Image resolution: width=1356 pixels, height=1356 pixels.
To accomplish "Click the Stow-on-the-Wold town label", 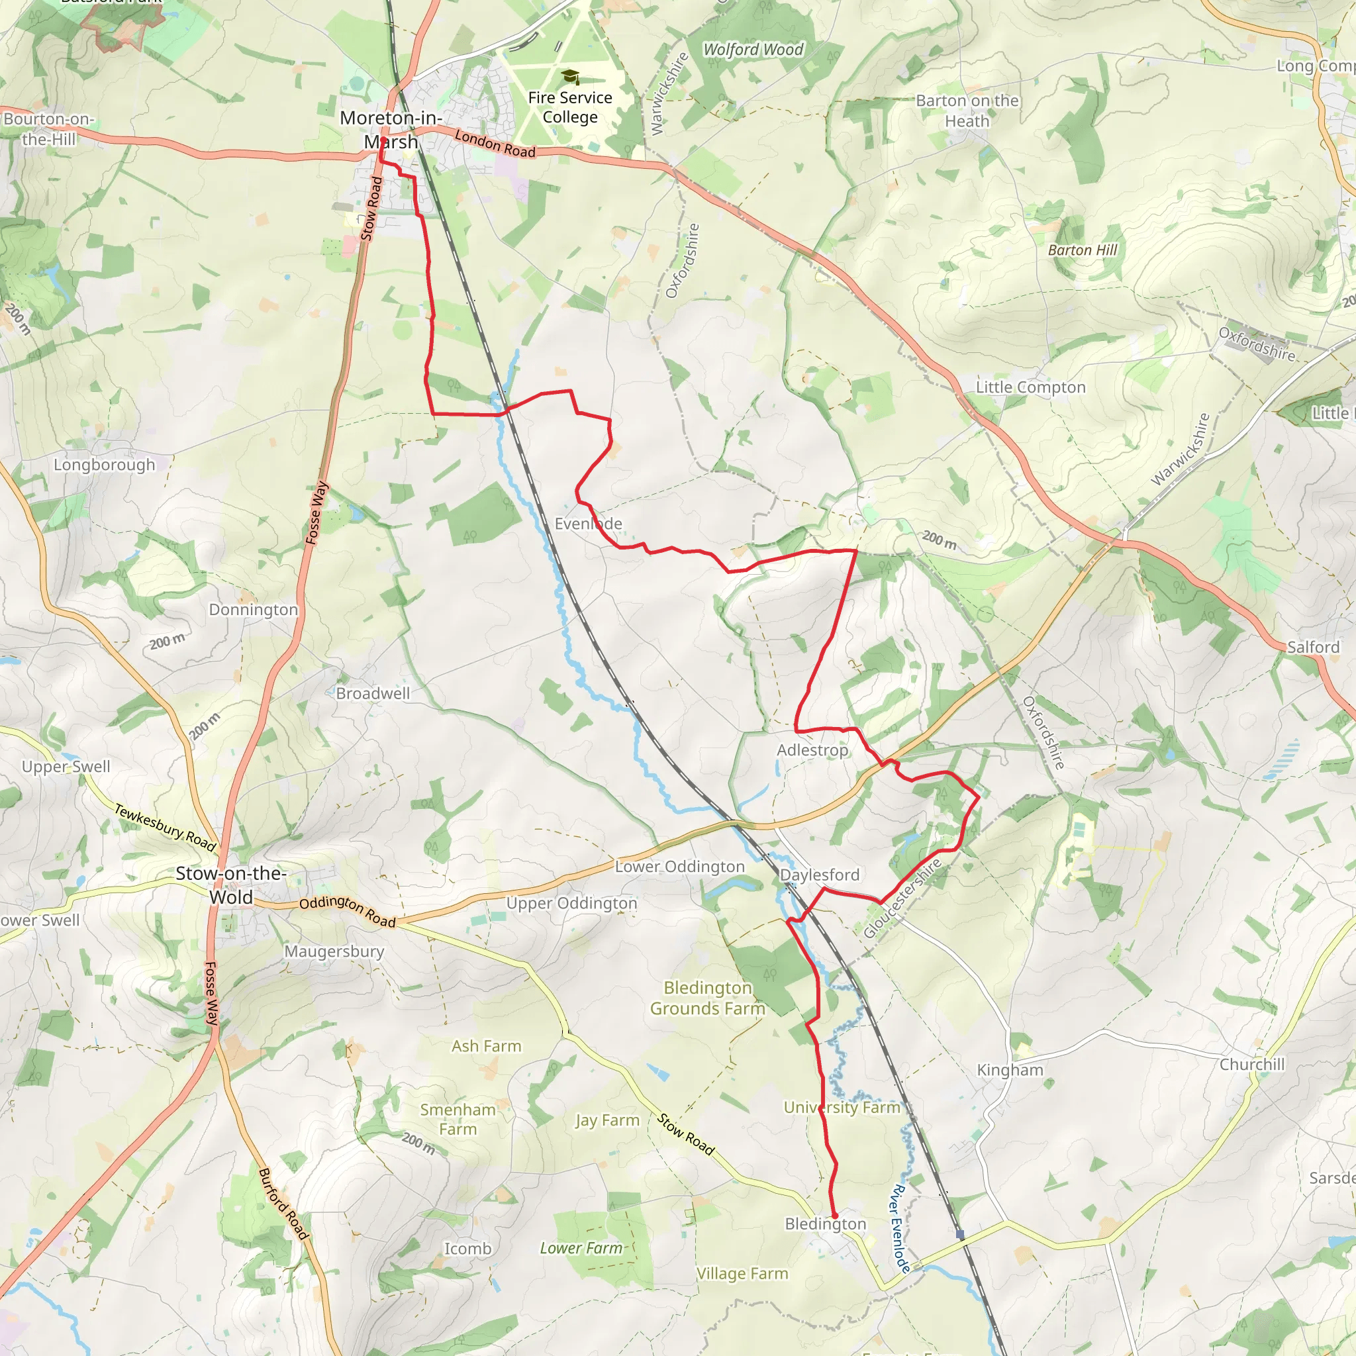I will point(231,885).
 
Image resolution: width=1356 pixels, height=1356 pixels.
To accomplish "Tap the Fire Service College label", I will point(570,107).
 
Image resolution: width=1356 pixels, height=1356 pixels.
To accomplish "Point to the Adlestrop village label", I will point(812,750).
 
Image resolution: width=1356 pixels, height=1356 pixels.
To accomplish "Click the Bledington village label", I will point(826,1224).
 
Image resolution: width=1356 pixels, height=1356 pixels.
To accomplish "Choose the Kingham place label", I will point(1010,1071).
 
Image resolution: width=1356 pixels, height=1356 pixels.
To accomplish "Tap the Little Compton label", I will point(1030,387).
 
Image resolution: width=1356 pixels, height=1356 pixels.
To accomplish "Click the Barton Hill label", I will point(1083,250).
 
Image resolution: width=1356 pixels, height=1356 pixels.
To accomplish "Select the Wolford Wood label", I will point(753,50).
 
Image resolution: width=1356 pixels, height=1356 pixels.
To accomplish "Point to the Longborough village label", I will point(105,465).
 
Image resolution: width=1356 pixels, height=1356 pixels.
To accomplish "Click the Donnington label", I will point(254,610).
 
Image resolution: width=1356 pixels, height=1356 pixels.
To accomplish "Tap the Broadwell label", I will point(373,693).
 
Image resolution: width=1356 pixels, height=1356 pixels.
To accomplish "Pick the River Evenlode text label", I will point(900,1228).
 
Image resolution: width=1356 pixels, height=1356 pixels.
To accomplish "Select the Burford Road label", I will point(283,1203).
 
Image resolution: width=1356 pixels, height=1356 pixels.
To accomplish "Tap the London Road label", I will point(495,143).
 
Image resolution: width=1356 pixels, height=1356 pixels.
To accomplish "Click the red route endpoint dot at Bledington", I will point(834,1216).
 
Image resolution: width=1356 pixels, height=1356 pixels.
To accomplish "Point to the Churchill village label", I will point(1252,1065).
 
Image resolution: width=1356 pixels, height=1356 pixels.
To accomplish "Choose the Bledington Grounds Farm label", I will point(708,998).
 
